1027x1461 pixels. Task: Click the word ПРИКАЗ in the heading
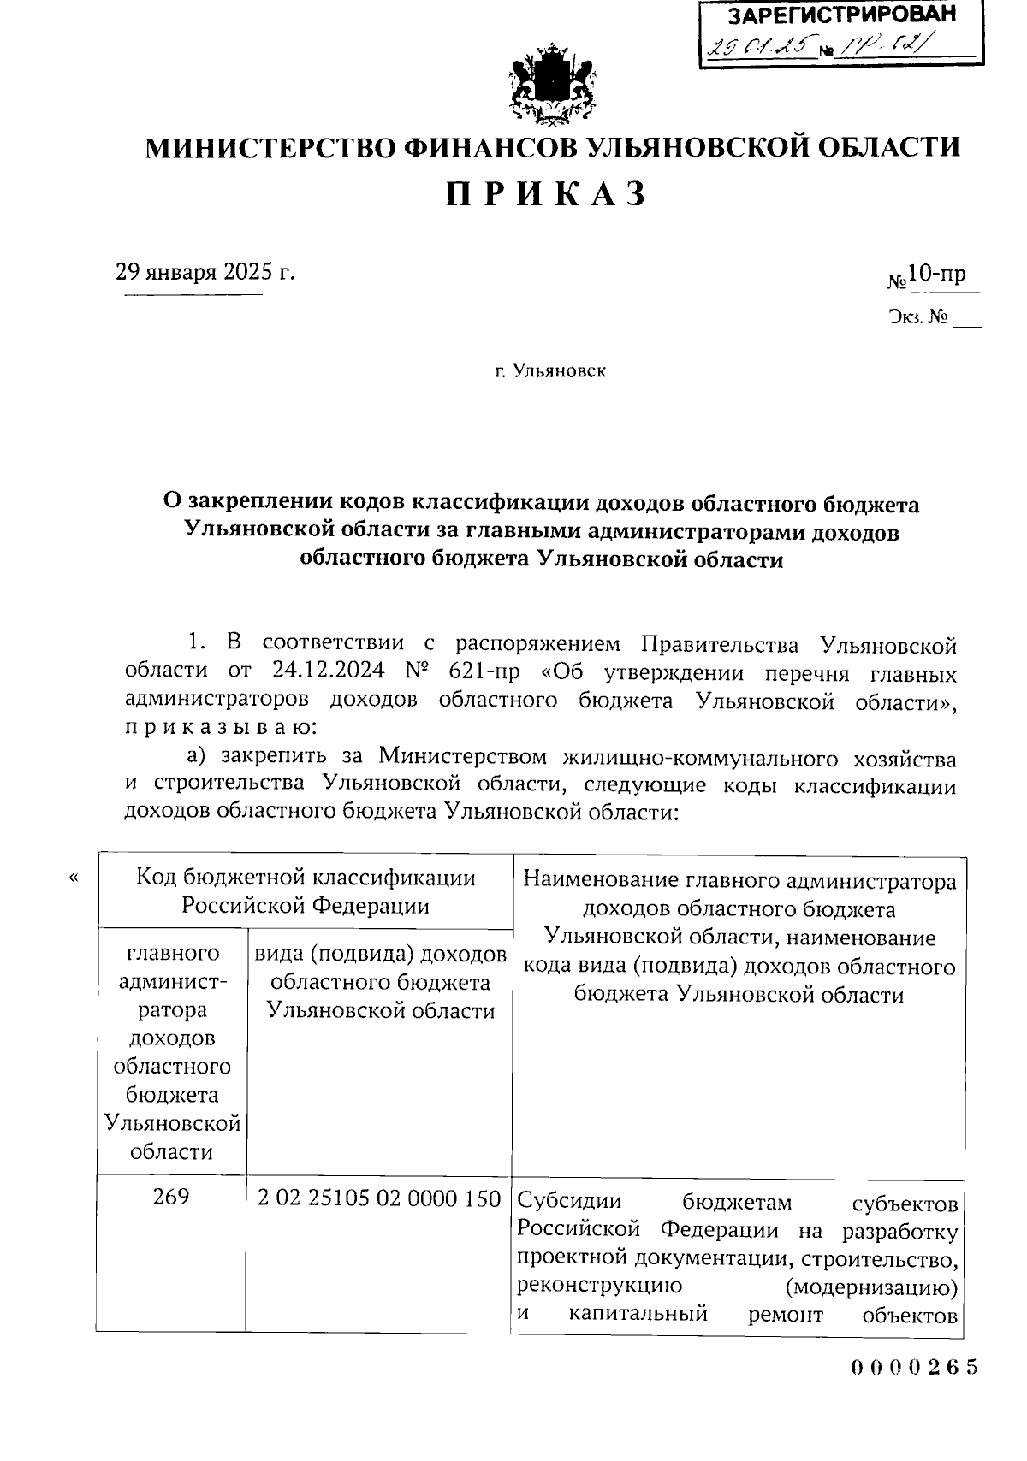click(x=546, y=195)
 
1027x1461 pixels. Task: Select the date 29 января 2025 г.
click(x=205, y=273)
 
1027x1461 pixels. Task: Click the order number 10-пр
click(x=936, y=274)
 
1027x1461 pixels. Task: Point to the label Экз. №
click(x=917, y=318)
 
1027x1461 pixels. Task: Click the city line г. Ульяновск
click(x=550, y=371)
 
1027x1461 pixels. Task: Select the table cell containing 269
click(x=171, y=1198)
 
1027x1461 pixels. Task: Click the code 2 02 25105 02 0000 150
click(x=379, y=1198)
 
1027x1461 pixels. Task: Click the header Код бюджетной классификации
click(x=306, y=878)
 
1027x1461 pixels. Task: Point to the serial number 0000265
click(x=914, y=1367)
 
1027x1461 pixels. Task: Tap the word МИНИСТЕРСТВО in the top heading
click(x=268, y=148)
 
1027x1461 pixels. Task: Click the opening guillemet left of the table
click(x=74, y=878)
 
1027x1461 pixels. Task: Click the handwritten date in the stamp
click(x=757, y=48)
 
